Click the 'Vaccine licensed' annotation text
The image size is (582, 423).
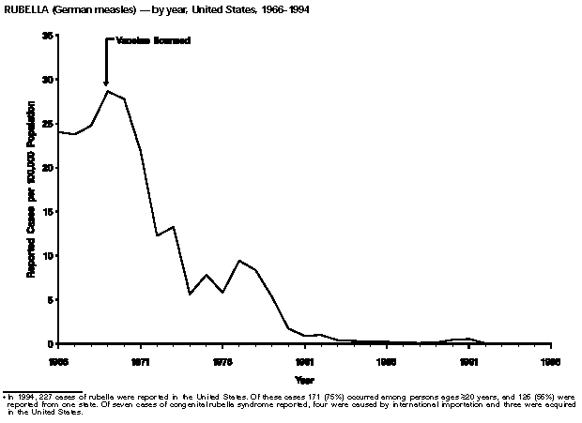click(x=152, y=40)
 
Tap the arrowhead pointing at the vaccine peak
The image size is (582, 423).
click(x=106, y=83)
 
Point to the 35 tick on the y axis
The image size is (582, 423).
click(x=47, y=36)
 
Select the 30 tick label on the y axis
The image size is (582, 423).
click(x=47, y=80)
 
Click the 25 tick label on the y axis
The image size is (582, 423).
click(x=47, y=124)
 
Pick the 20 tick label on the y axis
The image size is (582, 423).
click(x=47, y=168)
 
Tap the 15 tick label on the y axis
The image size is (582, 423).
click(x=47, y=212)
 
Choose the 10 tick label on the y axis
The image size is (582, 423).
click(x=47, y=256)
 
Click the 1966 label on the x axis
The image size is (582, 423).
click(x=58, y=360)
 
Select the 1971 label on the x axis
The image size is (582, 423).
click(x=141, y=360)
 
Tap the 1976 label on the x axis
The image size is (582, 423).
click(x=222, y=360)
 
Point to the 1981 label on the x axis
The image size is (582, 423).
click(x=304, y=360)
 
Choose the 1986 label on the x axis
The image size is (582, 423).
click(x=386, y=360)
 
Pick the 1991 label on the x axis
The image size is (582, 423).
click(x=468, y=360)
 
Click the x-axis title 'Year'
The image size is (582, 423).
click(x=304, y=380)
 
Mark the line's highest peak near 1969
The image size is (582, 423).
click(x=107, y=91)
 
